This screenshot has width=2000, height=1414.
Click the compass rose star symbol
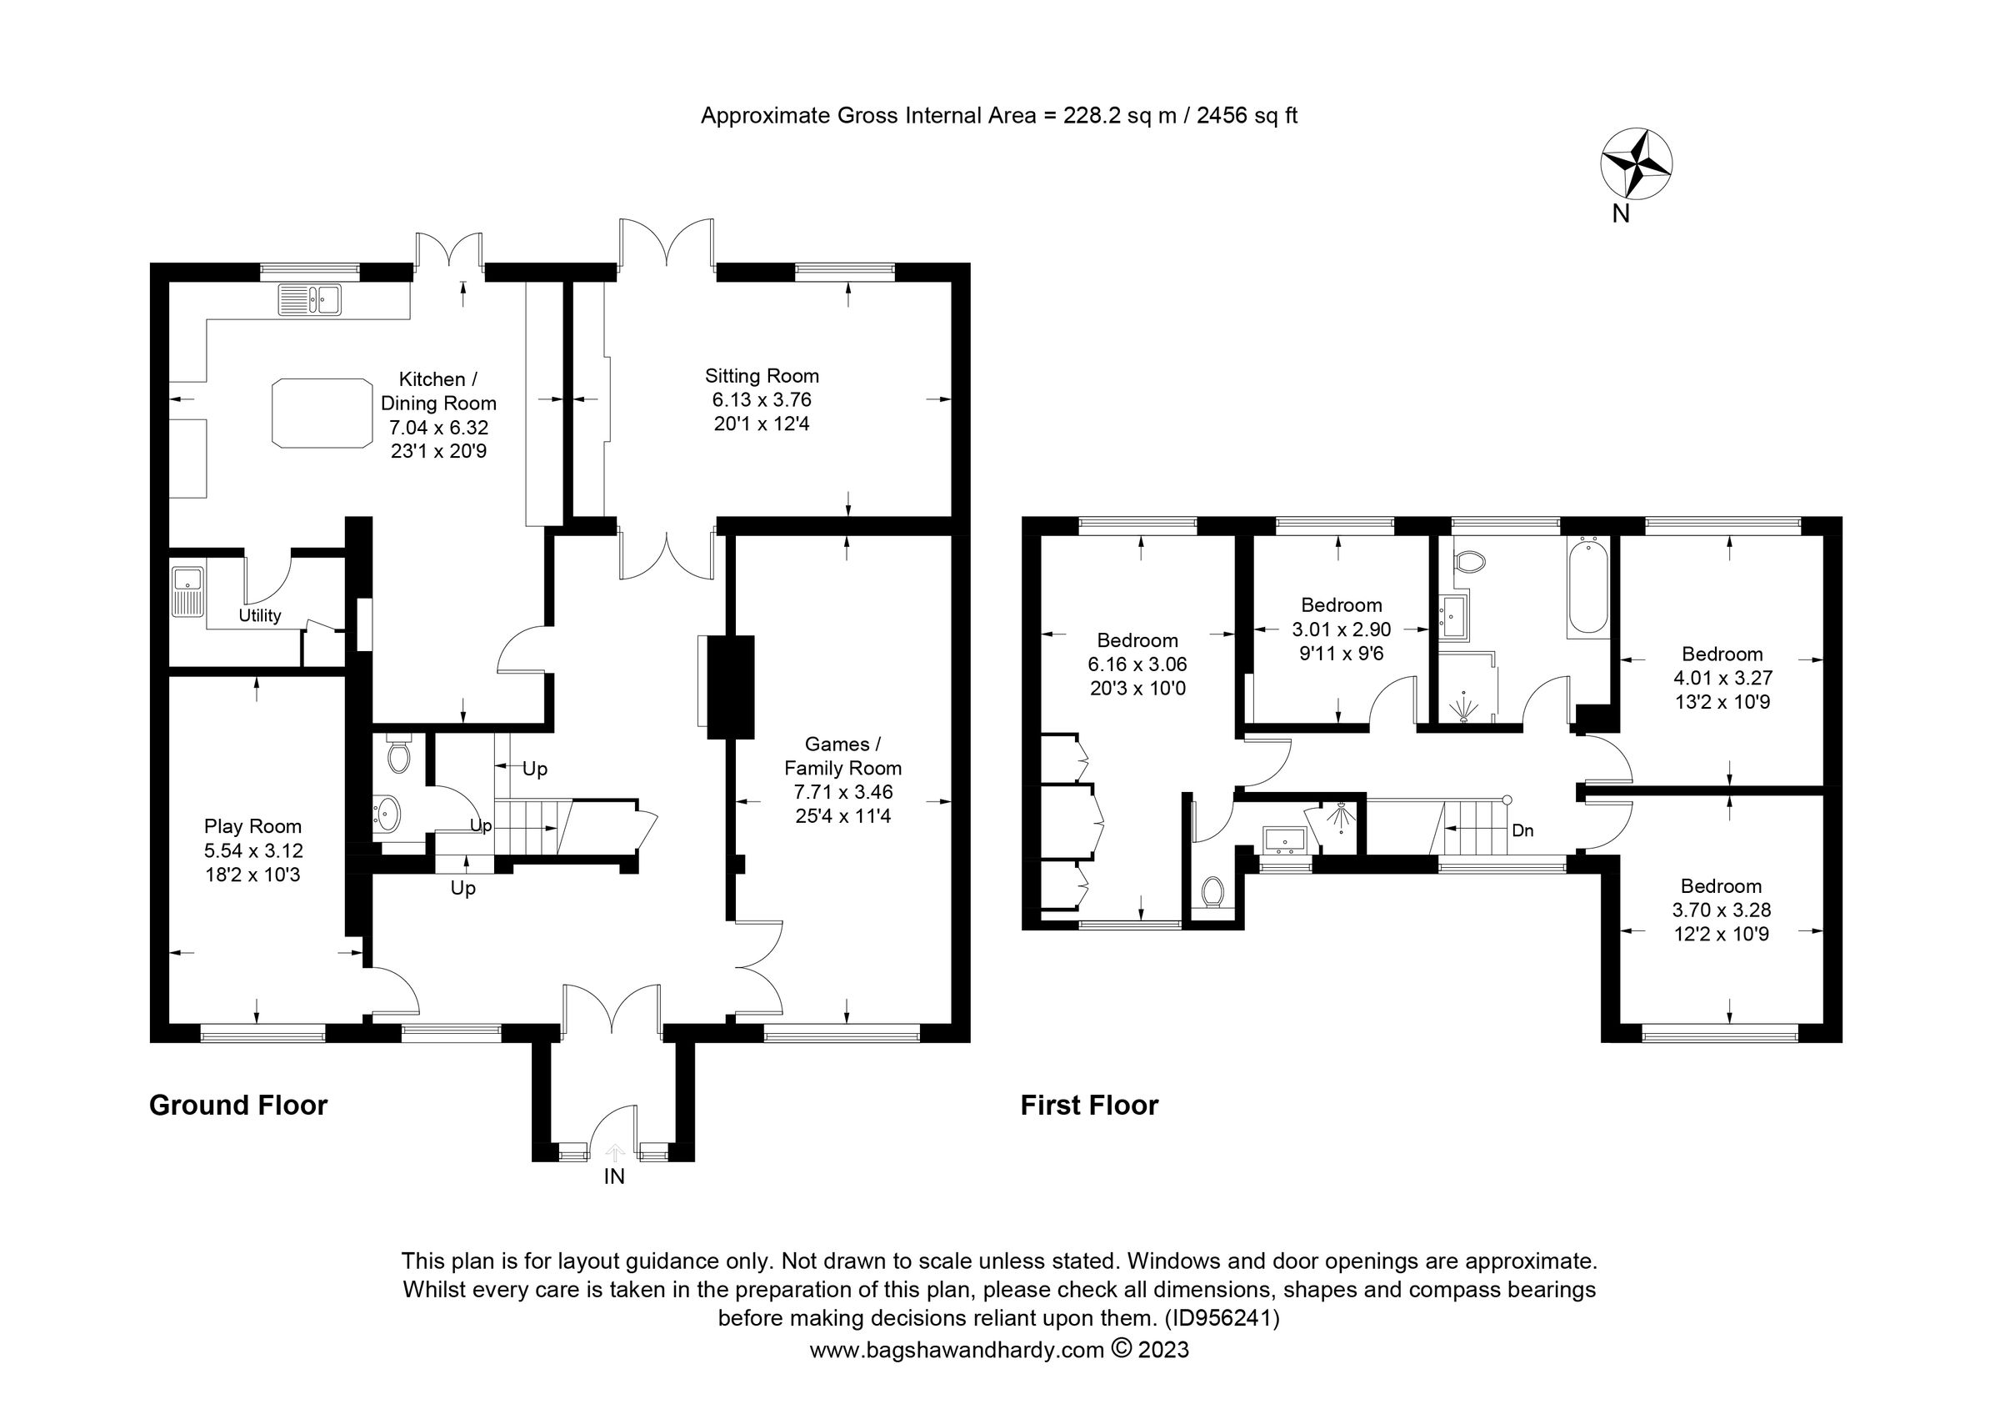pyautogui.click(x=1636, y=163)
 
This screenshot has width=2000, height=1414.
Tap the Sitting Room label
pyautogui.click(x=762, y=375)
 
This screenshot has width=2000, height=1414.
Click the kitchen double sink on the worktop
pyautogui.click(x=310, y=298)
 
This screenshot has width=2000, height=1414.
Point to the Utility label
pyautogui.click(x=259, y=616)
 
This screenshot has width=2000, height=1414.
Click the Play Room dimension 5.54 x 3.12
pyautogui.click(x=252, y=850)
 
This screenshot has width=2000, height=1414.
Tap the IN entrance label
pyautogui.click(x=614, y=1177)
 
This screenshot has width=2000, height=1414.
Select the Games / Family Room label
pyautogui.click(x=842, y=756)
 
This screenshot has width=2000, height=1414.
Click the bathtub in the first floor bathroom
pyautogui.click(x=1587, y=585)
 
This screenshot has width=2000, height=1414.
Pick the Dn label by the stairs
pyautogui.click(x=1522, y=831)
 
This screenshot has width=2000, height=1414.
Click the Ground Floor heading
pyautogui.click(x=237, y=1106)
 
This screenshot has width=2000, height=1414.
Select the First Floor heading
pyautogui.click(x=1089, y=1106)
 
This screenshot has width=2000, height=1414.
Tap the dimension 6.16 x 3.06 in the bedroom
pyautogui.click(x=1137, y=664)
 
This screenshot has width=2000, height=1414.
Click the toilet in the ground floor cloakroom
pyautogui.click(x=399, y=755)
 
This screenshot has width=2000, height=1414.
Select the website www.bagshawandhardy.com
pyautogui.click(x=957, y=1351)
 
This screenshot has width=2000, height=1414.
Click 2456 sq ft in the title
pyautogui.click(x=1247, y=116)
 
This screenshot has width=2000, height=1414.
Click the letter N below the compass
pyautogui.click(x=1619, y=214)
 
